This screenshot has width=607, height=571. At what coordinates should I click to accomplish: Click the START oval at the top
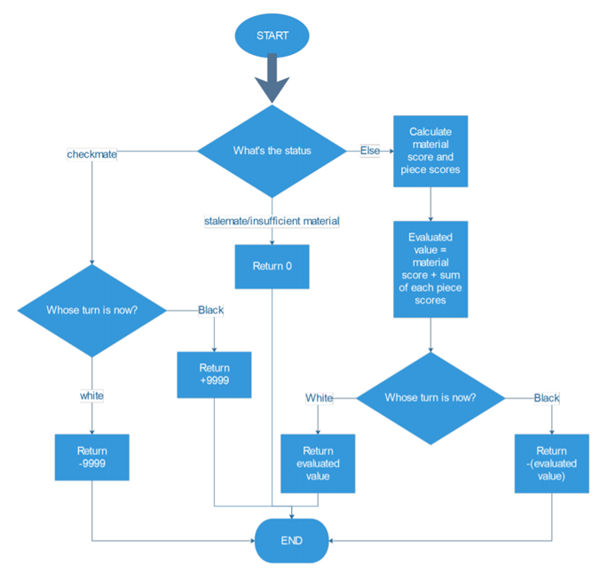[272, 35]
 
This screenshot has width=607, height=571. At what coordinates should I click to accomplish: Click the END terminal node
[292, 540]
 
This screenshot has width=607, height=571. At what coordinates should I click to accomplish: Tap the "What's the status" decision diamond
[272, 150]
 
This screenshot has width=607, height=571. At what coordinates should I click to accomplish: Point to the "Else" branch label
[370, 151]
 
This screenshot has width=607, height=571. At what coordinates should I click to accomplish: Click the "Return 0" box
[272, 267]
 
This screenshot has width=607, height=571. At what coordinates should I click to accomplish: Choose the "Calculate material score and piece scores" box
[430, 151]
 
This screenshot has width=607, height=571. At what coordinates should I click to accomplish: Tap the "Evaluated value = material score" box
[430, 269]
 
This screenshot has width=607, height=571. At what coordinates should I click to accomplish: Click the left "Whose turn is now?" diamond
[92, 310]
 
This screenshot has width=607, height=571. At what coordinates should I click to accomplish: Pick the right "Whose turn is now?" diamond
[430, 397]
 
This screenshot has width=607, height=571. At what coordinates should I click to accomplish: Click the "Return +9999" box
[214, 375]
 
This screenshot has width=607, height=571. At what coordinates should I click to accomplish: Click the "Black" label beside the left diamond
[210, 310]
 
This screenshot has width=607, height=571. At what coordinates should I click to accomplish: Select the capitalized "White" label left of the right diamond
[319, 398]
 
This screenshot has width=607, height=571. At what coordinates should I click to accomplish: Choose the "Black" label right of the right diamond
[547, 398]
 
